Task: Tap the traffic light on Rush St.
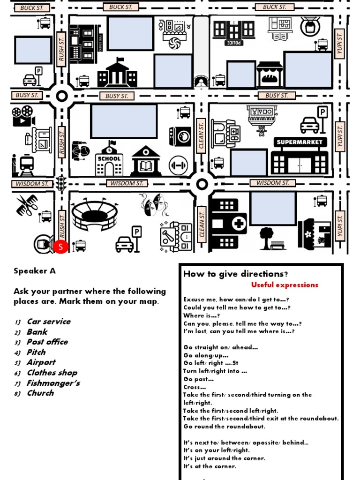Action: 60,183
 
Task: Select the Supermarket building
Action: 300,156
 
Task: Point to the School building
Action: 109,159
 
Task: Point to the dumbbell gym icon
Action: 178,165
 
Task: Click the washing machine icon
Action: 180,137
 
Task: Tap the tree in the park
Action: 266,236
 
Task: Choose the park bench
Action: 278,245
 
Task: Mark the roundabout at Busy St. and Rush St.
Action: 62,96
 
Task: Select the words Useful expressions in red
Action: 285,285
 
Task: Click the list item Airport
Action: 41,362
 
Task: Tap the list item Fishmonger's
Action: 53,383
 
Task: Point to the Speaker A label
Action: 35,271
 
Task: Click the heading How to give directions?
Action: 235,274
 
